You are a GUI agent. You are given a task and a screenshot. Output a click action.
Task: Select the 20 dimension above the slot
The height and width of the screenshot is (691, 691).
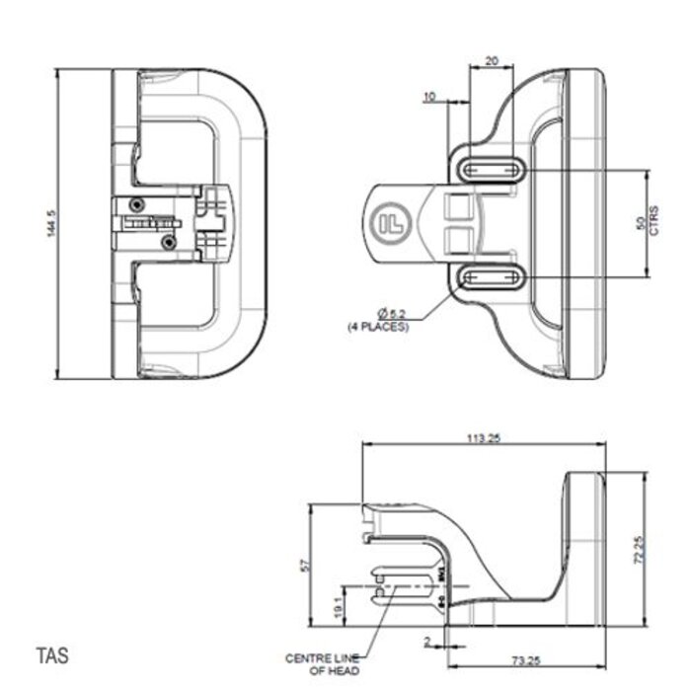pos(493,61)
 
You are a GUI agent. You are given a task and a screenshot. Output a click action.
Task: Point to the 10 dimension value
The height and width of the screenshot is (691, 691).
pos(428,97)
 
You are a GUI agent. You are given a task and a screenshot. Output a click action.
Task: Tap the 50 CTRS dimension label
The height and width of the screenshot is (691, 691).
pos(647,224)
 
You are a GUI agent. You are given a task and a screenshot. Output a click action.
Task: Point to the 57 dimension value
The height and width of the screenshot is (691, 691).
pos(305,566)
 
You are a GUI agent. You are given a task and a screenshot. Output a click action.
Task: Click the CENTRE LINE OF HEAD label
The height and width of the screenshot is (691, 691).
pos(322,663)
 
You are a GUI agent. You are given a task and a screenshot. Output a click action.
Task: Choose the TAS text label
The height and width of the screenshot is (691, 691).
pos(51,654)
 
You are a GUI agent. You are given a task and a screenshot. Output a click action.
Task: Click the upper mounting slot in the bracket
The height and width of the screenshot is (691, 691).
pos(491,171)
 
